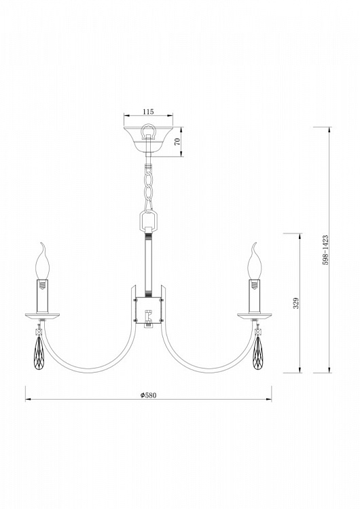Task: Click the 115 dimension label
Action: coord(148,112)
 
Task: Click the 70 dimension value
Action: coord(177,142)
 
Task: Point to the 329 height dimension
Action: coord(296,303)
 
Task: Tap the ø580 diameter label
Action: coord(149,395)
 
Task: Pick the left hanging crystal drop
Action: coord(39,353)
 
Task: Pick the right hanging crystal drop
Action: coord(258,353)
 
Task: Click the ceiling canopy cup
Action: coord(148,140)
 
